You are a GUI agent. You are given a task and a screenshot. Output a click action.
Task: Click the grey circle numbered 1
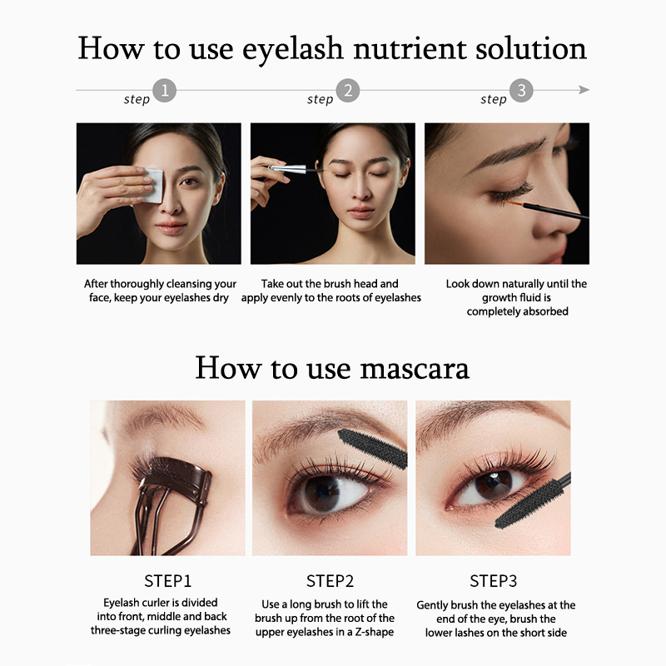164,91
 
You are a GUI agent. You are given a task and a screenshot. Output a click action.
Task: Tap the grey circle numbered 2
348,91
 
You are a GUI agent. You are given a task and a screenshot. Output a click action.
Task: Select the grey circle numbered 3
521,91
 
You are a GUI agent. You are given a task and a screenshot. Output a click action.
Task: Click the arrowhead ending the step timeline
584,90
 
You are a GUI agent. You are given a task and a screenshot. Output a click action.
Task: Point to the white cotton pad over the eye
154,185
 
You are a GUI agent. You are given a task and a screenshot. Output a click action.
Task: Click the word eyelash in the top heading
293,50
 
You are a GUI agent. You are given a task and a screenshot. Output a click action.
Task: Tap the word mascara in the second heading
415,368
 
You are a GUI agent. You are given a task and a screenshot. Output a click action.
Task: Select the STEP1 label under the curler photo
168,581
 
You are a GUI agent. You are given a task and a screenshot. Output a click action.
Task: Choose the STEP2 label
330,581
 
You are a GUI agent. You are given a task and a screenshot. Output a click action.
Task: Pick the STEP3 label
493,581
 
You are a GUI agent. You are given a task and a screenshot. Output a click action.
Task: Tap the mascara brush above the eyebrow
372,448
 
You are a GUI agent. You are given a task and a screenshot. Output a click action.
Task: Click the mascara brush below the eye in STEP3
531,503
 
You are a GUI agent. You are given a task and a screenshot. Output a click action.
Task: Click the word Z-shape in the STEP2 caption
374,632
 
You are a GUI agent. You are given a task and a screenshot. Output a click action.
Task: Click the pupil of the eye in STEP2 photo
322,494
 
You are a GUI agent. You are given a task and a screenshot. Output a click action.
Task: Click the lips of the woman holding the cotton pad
171,228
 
